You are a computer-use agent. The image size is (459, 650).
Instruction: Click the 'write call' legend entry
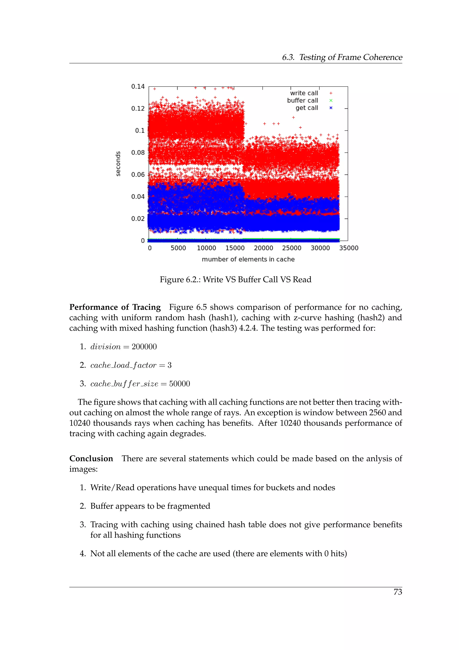(x=304, y=93)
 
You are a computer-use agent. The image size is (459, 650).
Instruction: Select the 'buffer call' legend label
(x=302, y=101)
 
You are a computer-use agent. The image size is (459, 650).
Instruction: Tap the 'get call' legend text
(x=307, y=108)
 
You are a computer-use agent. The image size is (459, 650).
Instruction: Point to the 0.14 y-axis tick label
(x=138, y=87)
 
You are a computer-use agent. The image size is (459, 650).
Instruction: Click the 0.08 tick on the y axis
(x=138, y=153)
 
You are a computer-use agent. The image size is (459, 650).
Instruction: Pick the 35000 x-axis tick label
(x=349, y=248)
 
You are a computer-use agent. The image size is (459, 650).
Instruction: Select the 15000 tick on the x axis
(x=235, y=248)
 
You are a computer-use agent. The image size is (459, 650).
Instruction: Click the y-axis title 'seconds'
(x=118, y=164)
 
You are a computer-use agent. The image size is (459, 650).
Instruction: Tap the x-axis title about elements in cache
(x=248, y=259)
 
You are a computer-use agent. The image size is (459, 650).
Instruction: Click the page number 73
(x=398, y=592)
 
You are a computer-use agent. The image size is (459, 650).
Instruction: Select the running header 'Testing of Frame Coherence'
(x=351, y=57)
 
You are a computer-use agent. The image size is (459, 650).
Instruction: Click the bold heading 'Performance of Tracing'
(x=115, y=307)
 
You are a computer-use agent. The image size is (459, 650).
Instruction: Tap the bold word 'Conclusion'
(x=91, y=458)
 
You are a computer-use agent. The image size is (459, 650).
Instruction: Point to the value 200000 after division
(x=144, y=347)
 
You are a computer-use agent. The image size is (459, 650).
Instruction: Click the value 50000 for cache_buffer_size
(x=180, y=384)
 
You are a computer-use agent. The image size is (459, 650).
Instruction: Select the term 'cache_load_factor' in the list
(x=123, y=365)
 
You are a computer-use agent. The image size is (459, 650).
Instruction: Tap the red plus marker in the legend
(x=331, y=93)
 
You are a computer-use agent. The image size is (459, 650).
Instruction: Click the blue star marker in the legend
(x=331, y=108)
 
